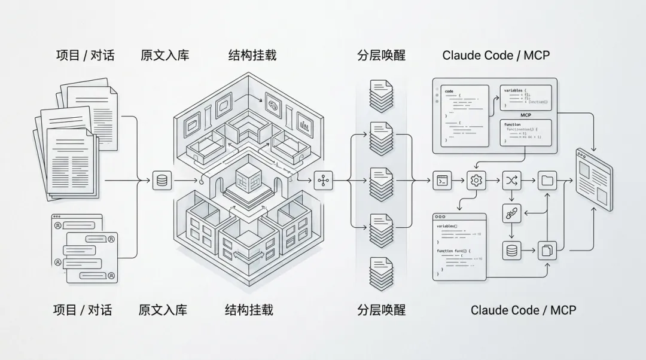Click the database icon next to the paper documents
click(x=161, y=180)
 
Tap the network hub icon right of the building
click(x=323, y=180)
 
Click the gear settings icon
click(x=477, y=179)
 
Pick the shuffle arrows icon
click(x=512, y=179)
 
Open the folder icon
click(x=547, y=179)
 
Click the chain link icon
click(x=512, y=213)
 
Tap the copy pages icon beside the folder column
click(x=547, y=251)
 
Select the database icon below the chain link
click(x=512, y=251)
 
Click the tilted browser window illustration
click(x=594, y=179)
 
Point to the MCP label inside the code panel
click(x=526, y=114)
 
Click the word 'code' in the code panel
click(x=449, y=91)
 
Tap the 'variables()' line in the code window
click(x=447, y=227)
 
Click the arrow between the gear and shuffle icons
click(x=495, y=179)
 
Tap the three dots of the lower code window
click(x=441, y=216)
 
